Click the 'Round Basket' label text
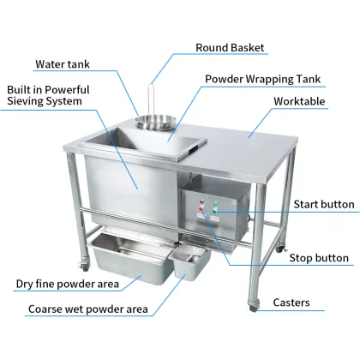pos(230,48)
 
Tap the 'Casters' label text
pos(297,303)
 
